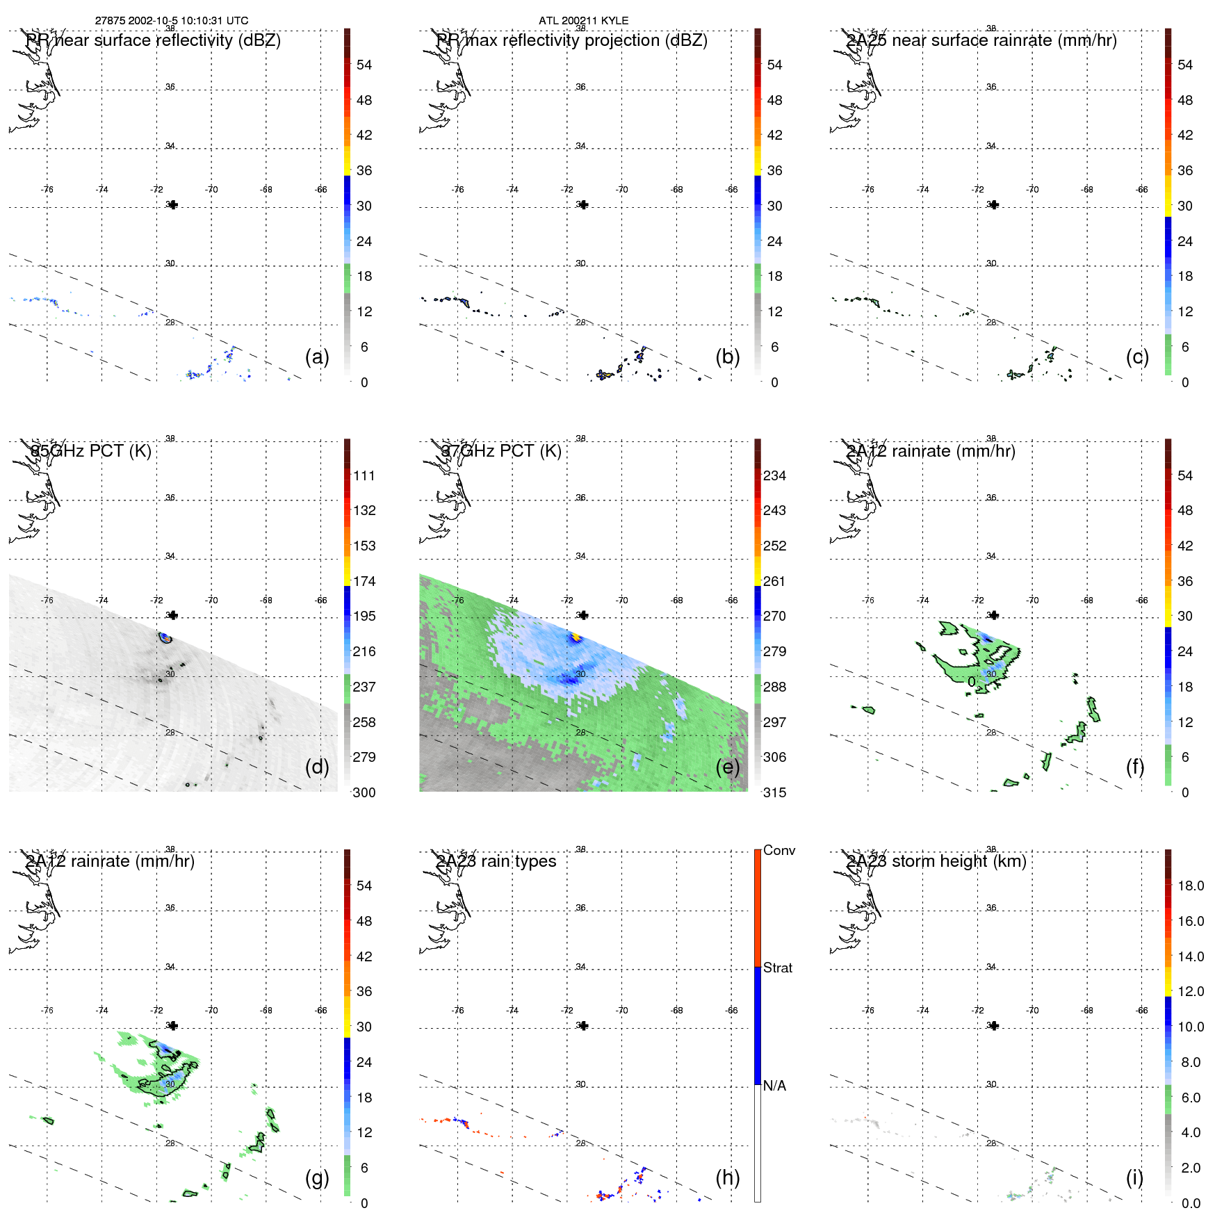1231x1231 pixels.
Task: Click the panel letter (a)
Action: (317, 357)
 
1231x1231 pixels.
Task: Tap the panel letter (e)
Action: (727, 767)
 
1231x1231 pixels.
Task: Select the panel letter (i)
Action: (1134, 1177)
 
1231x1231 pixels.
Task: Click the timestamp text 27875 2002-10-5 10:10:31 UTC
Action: (172, 21)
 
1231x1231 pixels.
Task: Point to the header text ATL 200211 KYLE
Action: (583, 21)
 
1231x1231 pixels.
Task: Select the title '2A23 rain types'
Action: (496, 861)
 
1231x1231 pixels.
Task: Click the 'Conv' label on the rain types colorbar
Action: (778, 850)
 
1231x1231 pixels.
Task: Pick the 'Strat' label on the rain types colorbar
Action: (778, 968)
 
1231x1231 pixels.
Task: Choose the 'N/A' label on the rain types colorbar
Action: (774, 1086)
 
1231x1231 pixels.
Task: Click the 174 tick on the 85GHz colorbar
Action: (364, 581)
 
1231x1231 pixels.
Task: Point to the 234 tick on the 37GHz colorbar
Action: (774, 475)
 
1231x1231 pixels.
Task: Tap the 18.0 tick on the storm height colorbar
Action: (1190, 886)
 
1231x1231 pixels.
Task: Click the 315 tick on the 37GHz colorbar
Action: (774, 792)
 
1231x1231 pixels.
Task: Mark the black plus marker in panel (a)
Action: (173, 204)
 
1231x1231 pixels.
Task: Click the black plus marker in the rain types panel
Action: (584, 1025)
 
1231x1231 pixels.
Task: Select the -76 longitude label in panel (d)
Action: (47, 600)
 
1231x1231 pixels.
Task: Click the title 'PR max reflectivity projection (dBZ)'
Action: (572, 40)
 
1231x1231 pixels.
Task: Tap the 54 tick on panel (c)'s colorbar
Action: (1185, 65)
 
